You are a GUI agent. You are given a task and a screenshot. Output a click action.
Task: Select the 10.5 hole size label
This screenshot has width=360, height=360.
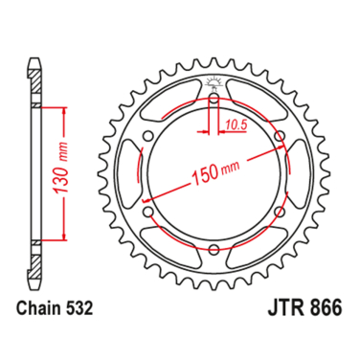pyautogui.click(x=233, y=122)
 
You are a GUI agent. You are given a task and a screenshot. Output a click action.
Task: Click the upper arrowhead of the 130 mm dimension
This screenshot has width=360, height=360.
pyautogui.click(x=65, y=111)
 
